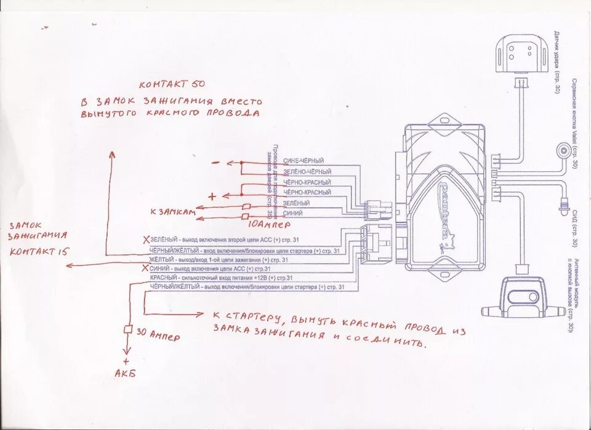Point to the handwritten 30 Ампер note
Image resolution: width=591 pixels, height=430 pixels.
point(157,336)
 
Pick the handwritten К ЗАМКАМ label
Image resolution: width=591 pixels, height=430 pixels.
point(172,212)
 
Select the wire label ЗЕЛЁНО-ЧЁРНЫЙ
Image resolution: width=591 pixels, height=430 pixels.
point(307,171)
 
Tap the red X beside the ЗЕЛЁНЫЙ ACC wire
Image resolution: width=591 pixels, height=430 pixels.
point(146,239)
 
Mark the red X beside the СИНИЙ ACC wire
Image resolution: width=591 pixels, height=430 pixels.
point(146,269)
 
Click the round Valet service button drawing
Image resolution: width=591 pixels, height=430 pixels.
point(562,151)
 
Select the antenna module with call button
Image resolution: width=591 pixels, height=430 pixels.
point(524,296)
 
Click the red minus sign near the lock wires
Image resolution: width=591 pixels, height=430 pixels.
point(215,163)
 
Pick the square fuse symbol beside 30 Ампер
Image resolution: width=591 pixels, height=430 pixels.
point(129,330)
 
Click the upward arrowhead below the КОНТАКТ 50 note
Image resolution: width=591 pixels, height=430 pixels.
point(111,155)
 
